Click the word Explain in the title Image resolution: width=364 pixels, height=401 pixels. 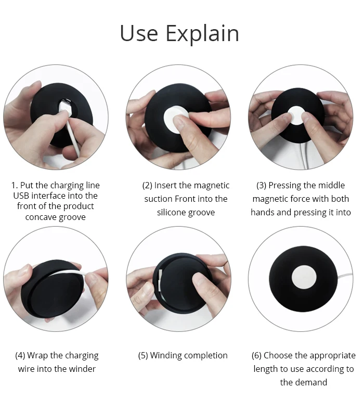coord(202,34)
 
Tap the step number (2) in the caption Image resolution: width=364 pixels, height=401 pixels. coord(148,186)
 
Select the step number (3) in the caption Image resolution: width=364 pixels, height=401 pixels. coord(262,186)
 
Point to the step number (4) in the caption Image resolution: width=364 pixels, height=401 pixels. coord(20,356)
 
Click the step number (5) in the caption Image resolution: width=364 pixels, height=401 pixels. coord(143,356)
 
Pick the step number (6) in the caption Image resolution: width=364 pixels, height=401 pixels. coord(257,356)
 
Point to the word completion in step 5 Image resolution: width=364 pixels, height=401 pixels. coord(205,356)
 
